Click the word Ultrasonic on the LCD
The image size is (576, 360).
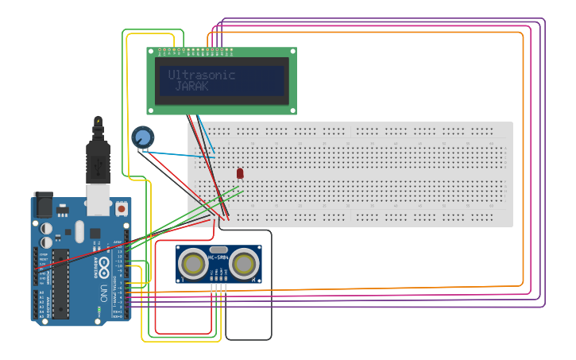point(202,75)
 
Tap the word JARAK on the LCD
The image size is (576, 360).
point(191,86)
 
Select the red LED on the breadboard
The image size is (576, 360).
point(240,172)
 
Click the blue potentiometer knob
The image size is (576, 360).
point(143,137)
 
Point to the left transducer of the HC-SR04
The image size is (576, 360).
point(193,263)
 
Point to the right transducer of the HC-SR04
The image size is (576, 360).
point(245,263)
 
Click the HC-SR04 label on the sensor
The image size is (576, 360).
point(218,257)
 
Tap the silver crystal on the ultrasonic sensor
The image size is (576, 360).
point(219,250)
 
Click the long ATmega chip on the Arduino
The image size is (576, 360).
point(60,284)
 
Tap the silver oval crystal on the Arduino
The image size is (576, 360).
point(79,231)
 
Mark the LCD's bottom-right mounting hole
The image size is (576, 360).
point(292,110)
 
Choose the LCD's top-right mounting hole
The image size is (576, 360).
point(292,52)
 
